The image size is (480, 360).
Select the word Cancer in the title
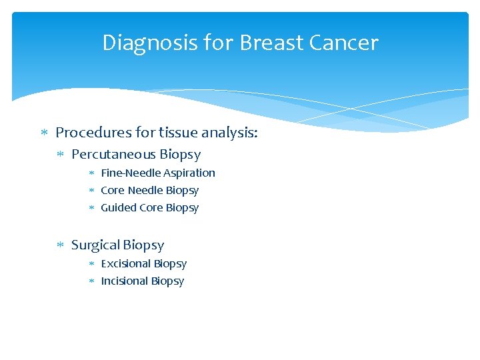click(x=344, y=43)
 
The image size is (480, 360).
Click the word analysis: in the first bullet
click(x=230, y=133)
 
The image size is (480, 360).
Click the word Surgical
click(x=97, y=245)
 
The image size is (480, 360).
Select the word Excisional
click(x=126, y=263)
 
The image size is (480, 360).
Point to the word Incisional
click(x=124, y=281)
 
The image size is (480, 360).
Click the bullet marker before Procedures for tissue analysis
click(x=44, y=133)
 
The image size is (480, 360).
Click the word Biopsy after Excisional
click(x=170, y=263)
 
